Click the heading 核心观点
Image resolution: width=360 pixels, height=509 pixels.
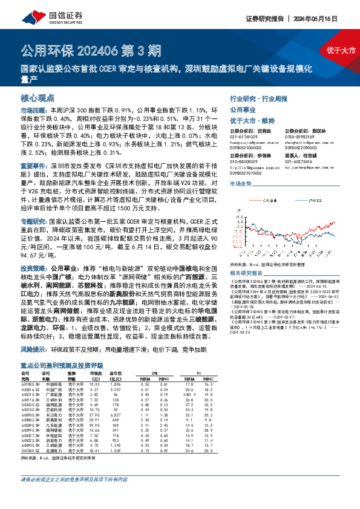tap(38, 98)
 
